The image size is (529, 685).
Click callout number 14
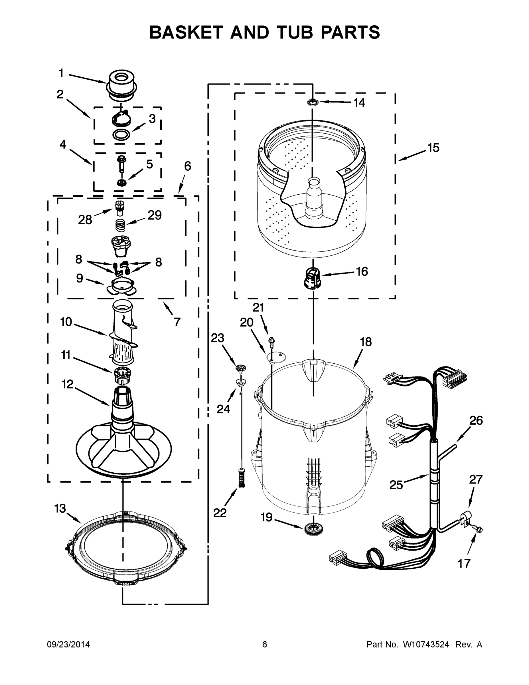(x=359, y=102)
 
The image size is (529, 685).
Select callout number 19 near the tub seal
(x=267, y=517)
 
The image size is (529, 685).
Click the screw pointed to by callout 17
(x=479, y=530)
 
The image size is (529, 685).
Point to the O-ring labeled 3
(x=121, y=134)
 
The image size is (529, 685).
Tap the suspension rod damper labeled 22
(x=241, y=478)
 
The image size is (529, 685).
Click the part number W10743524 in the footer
(x=425, y=645)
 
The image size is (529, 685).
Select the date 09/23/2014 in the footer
(x=68, y=645)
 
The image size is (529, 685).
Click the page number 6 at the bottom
(x=265, y=645)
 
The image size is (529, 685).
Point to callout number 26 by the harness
(x=476, y=421)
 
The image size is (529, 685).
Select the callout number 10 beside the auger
(x=66, y=322)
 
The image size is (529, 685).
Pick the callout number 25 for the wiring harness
(x=396, y=485)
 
